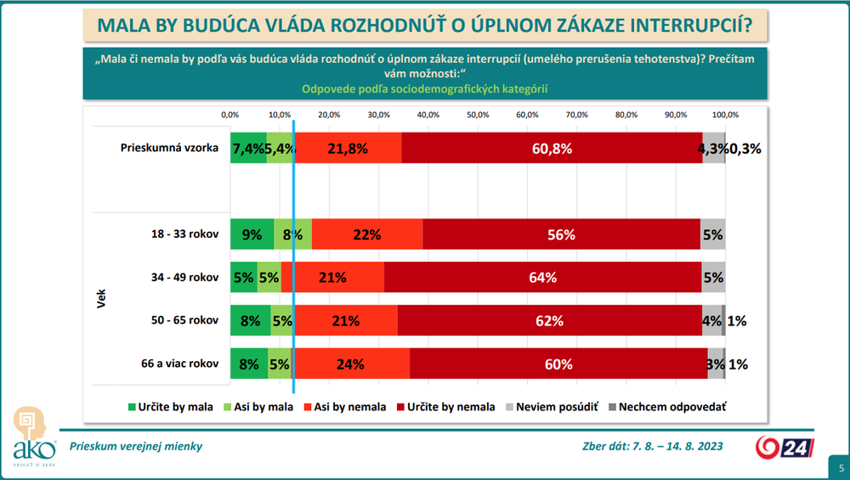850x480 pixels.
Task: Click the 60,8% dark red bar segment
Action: tap(552, 148)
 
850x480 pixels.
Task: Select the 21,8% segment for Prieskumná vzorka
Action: tap(348, 148)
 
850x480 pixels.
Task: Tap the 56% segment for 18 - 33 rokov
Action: tap(561, 234)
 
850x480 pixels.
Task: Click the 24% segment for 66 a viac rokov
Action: tap(350, 364)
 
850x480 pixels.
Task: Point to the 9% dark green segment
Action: tap(252, 234)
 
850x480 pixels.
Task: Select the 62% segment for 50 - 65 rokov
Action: tap(550, 321)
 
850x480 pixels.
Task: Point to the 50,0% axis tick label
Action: tap(478, 114)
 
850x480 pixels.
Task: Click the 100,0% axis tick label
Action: tap(725, 114)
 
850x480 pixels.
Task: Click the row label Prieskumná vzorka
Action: tap(169, 148)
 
